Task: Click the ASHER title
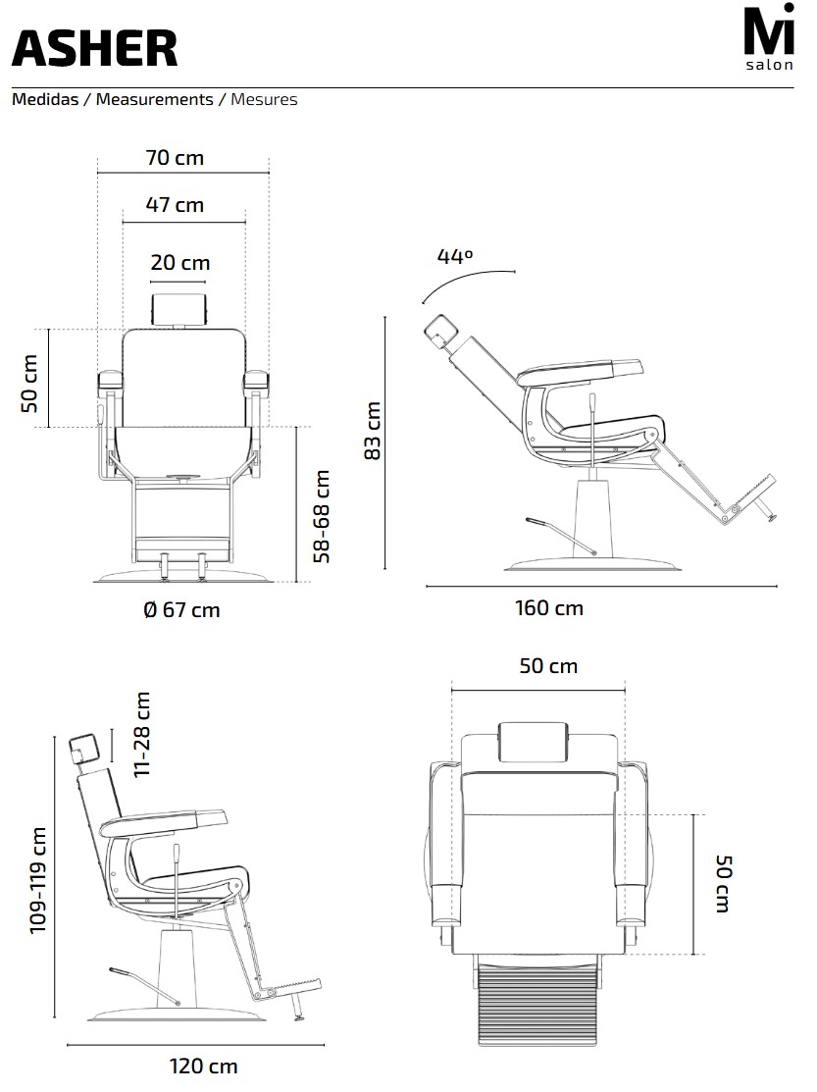(x=94, y=48)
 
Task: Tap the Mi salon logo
(x=769, y=37)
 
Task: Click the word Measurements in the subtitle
(x=155, y=100)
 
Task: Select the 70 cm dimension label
(x=175, y=157)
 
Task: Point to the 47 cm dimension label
(x=175, y=205)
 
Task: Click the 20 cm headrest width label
(x=180, y=263)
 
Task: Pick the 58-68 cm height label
(x=322, y=516)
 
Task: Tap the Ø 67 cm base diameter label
(x=181, y=610)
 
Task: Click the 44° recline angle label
(x=455, y=256)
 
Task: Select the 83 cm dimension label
(x=373, y=431)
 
